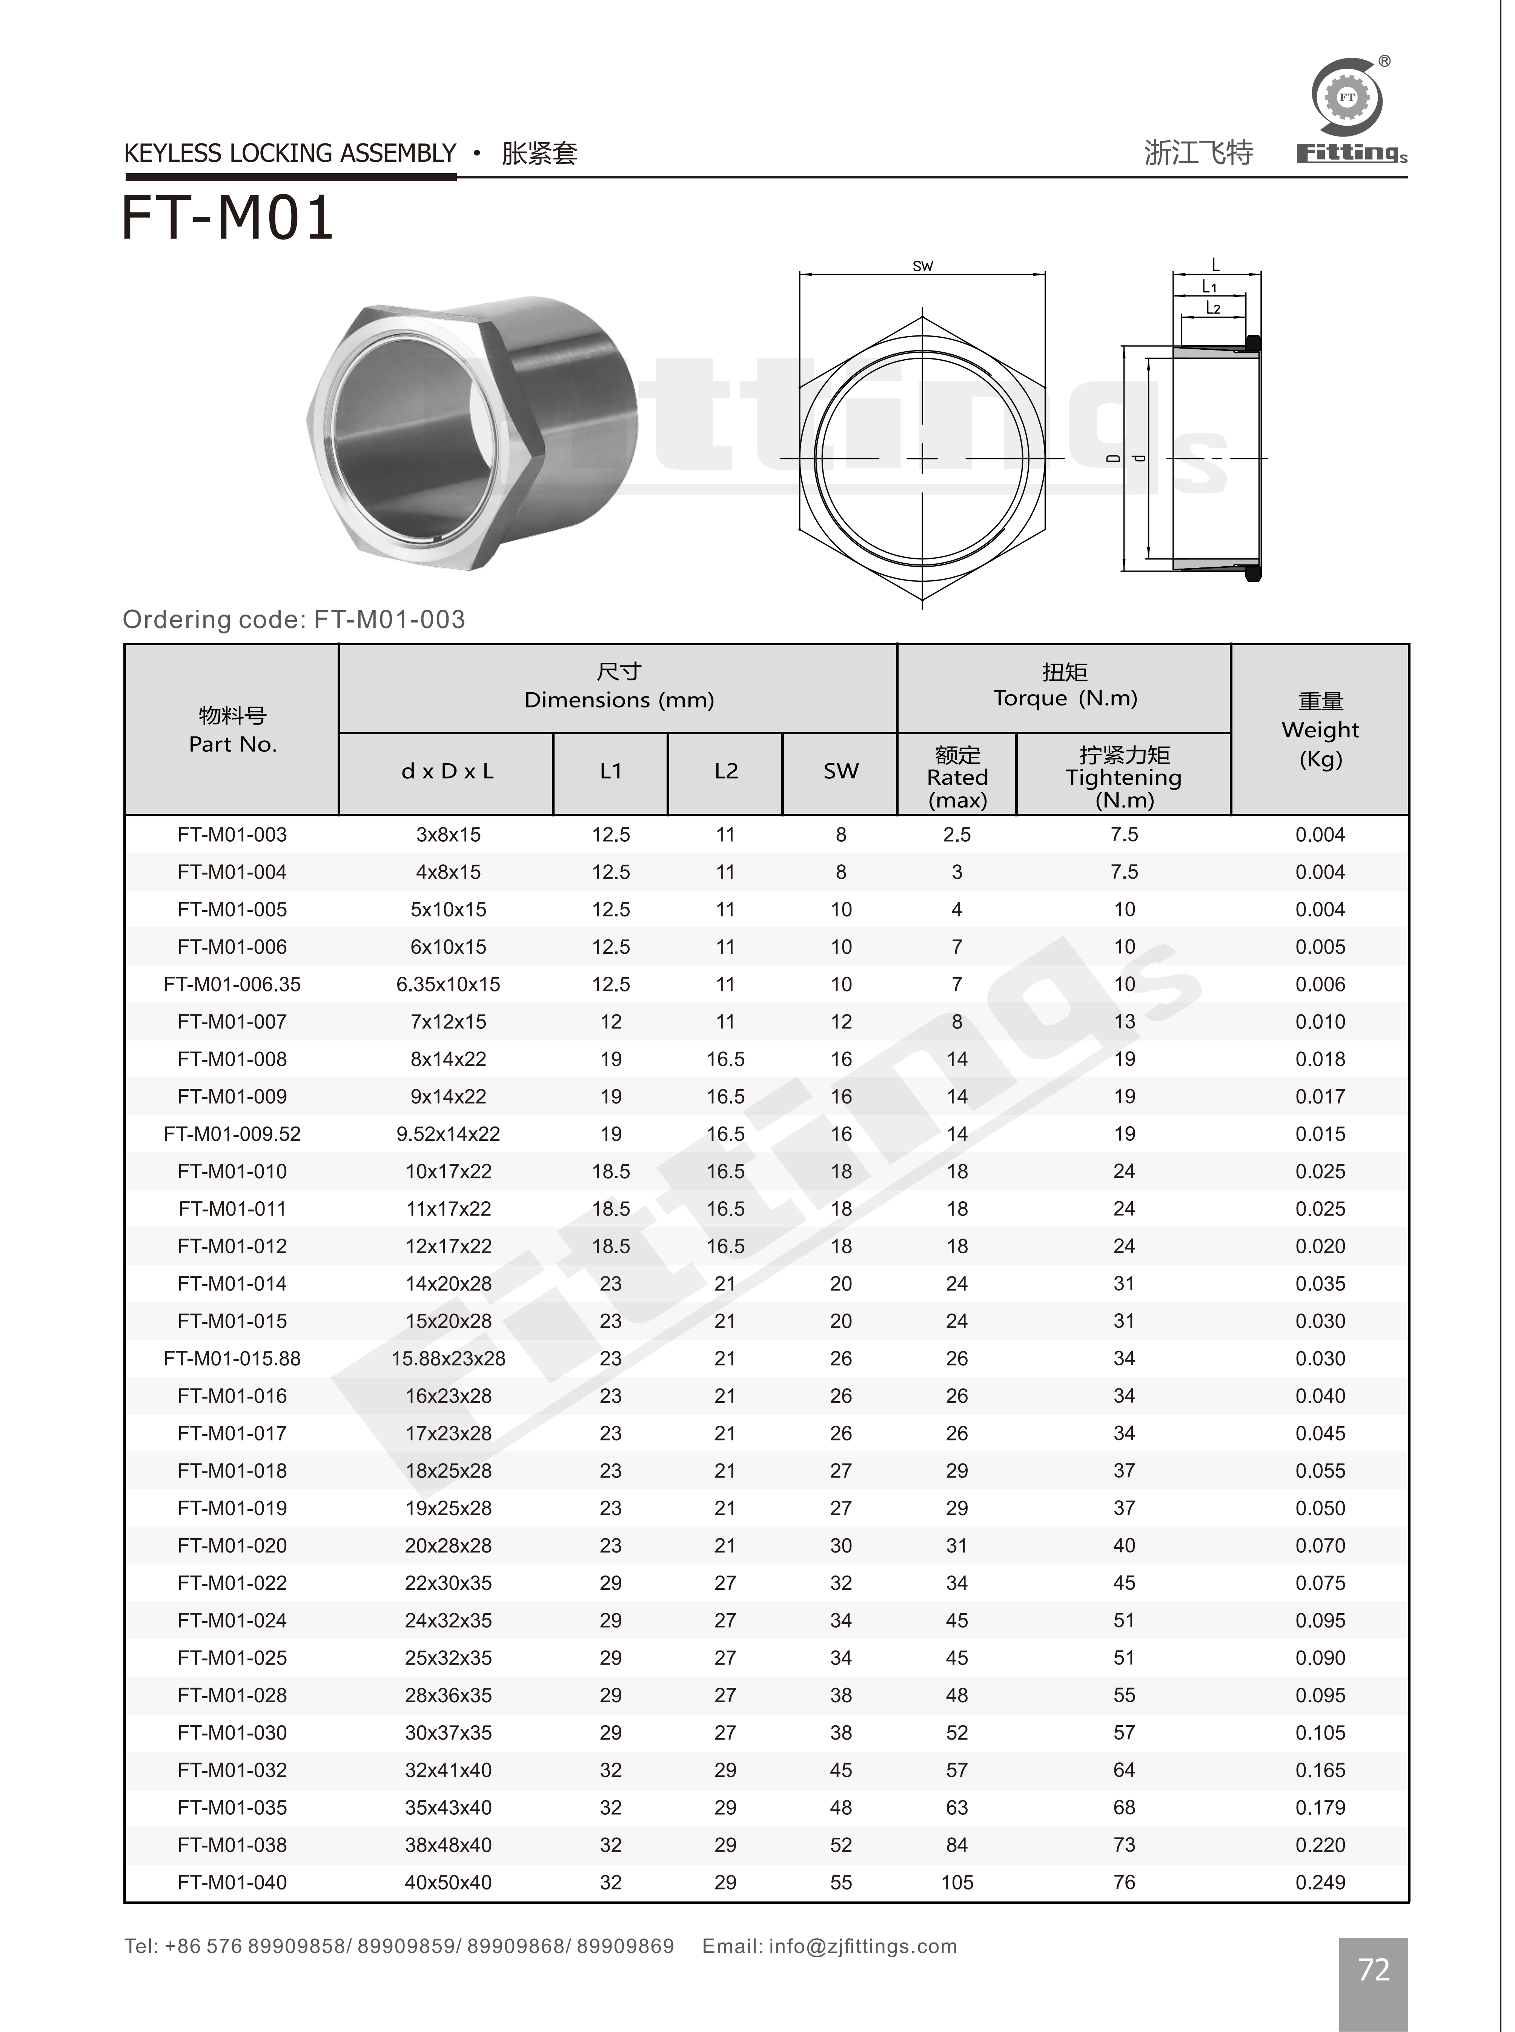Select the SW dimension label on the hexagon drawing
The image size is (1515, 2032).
pyautogui.click(x=923, y=266)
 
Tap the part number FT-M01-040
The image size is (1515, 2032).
pyautogui.click(x=232, y=1883)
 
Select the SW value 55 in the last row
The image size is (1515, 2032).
pyautogui.click(x=841, y=1883)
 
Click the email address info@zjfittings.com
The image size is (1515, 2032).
pyautogui.click(x=862, y=1946)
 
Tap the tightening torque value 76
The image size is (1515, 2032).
pyautogui.click(x=1124, y=1883)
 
